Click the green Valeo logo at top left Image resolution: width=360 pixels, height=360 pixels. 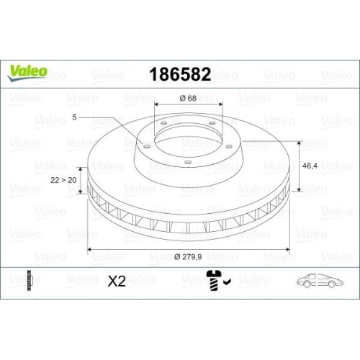(29, 71)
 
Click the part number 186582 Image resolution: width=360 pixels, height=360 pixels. (179, 74)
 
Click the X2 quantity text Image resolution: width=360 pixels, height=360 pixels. (116, 281)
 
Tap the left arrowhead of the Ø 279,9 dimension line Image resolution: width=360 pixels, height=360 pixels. (89, 249)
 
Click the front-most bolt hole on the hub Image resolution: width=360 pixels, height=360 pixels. (188, 161)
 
